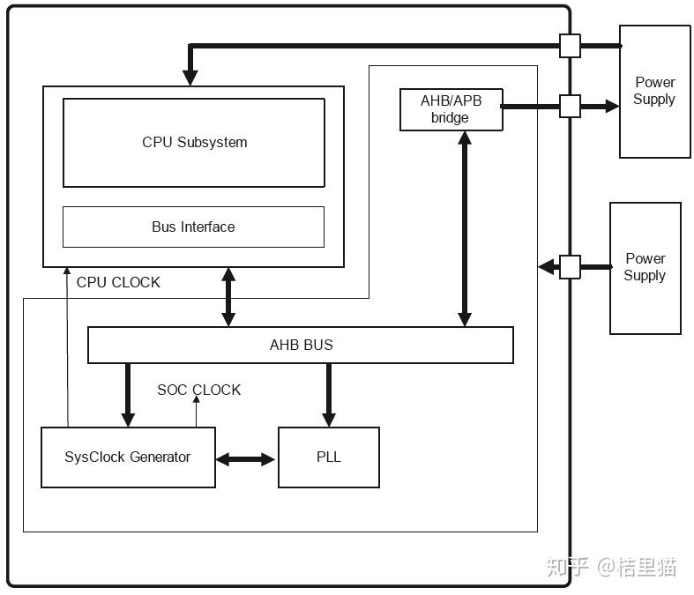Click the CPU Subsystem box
pos(194,142)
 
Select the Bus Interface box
pos(193,227)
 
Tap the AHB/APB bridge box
pos(451,110)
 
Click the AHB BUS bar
pos(301,345)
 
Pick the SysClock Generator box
pos(128,457)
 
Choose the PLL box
pos(329,457)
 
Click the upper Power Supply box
pos(654,91)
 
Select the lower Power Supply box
pos(645,267)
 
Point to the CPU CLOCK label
pos(118,282)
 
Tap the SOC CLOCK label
pos(198,390)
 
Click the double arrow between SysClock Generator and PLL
pos(246,458)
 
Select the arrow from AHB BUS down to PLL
pos(329,395)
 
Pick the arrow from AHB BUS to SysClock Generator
pos(127,395)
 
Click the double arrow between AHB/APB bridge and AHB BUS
pos(465,229)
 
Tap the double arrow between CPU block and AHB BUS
pos(228,297)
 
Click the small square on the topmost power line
pos(570,46)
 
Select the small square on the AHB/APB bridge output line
pos(570,106)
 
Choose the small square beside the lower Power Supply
pos(570,266)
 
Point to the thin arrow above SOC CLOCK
pos(196,410)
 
